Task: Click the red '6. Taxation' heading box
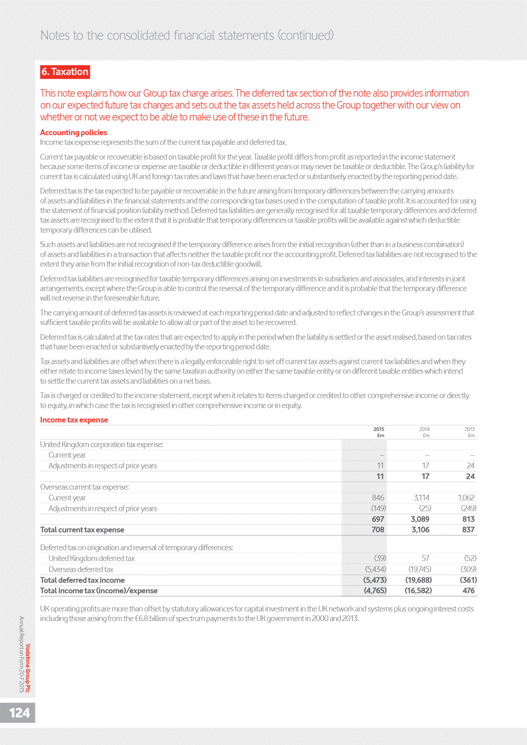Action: [x=65, y=72]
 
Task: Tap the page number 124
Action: [x=19, y=713]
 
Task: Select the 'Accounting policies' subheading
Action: [x=73, y=132]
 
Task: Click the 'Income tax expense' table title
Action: [x=74, y=420]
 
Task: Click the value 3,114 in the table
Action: [x=421, y=498]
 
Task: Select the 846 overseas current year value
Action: [x=378, y=498]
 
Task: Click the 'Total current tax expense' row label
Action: [x=82, y=530]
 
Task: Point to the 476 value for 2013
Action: [x=468, y=591]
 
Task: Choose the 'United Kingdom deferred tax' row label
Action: [x=91, y=558]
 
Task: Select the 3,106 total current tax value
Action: [x=420, y=530]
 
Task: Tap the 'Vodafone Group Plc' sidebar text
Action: [x=28, y=668]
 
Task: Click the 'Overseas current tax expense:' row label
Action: [x=84, y=487]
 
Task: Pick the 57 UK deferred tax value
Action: [x=425, y=558]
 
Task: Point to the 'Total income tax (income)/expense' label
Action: [x=99, y=591]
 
